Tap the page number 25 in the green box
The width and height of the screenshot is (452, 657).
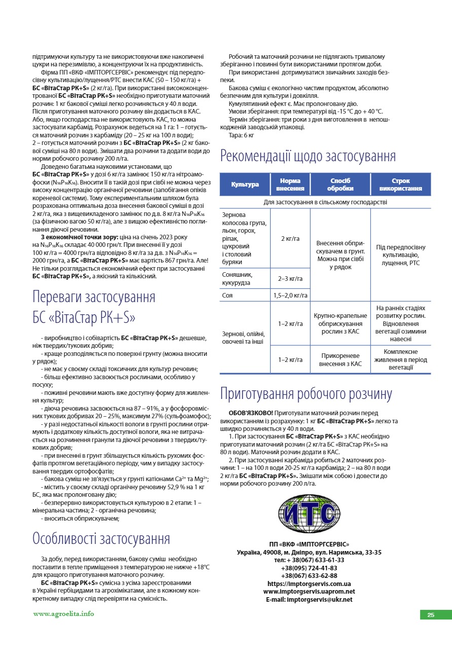pos(431,615)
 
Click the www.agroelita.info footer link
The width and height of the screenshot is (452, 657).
pos(63,613)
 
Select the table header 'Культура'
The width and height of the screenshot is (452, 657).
pos(245,185)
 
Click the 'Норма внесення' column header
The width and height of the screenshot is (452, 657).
pos(290,185)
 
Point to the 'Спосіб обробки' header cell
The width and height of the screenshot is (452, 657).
pos(340,185)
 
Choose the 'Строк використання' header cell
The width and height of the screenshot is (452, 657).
pos(400,185)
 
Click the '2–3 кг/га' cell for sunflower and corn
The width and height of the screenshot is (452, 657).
pos(290,278)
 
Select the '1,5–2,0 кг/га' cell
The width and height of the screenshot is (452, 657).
pos(290,295)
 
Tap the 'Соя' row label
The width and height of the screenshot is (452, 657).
pos(228,295)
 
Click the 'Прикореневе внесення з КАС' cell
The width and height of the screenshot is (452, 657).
pos(340,359)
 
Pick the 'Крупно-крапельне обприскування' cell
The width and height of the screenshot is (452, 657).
pos(340,323)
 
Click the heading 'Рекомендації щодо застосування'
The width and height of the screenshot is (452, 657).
pos(308,156)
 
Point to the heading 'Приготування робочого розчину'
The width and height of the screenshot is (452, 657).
pos(306,394)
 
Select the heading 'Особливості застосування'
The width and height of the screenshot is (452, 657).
pos(101,538)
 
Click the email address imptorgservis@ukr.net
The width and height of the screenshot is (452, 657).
pos(309,599)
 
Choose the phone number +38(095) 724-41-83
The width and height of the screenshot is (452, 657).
pos(309,568)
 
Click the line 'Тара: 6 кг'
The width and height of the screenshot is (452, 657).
pos(242,135)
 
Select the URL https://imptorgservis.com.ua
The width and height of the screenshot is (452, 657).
pos(309,583)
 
